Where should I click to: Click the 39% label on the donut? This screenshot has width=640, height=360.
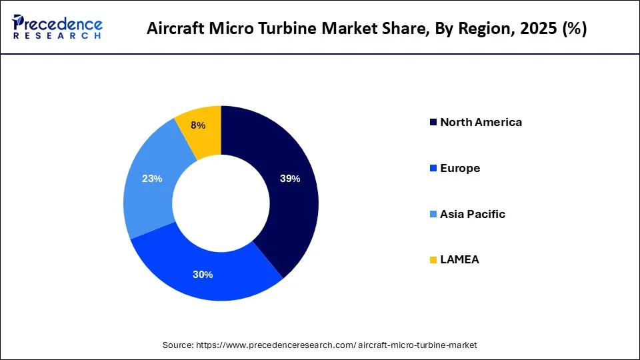click(x=290, y=179)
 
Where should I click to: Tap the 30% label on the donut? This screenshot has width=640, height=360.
click(x=203, y=275)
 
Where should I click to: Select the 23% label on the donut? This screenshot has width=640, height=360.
click(x=152, y=179)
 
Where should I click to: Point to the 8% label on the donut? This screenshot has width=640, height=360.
click(x=197, y=125)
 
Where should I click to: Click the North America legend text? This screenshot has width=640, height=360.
click(x=481, y=122)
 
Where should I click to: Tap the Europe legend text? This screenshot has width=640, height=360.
click(x=460, y=168)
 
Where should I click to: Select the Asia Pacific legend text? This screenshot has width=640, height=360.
click(x=472, y=214)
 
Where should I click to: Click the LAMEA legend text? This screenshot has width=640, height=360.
click(x=459, y=260)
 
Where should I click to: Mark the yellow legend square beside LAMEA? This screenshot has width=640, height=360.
click(x=433, y=260)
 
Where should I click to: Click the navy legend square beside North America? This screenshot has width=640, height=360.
click(x=433, y=122)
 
